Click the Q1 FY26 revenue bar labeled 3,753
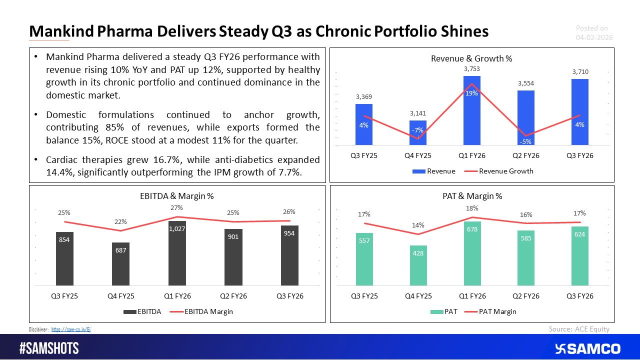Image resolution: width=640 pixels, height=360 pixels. pyautogui.click(x=471, y=110)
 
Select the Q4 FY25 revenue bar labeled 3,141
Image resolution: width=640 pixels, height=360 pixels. pyautogui.click(x=417, y=133)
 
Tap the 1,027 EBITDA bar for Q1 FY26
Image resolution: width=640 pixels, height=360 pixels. pyautogui.click(x=176, y=252)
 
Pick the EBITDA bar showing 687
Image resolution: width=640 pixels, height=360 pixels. pyautogui.click(x=120, y=263)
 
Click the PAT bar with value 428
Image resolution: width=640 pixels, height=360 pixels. pyautogui.click(x=418, y=265)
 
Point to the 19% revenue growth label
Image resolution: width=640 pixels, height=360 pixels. pyautogui.click(x=471, y=93)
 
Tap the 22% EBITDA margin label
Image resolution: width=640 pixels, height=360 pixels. pyautogui.click(x=120, y=221)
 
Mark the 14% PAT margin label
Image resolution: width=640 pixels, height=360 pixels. pyautogui.click(x=418, y=225)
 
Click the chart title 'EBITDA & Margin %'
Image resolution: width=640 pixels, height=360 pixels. pyautogui.click(x=176, y=196)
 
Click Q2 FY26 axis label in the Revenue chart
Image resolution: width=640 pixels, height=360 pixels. pyautogui.click(x=525, y=155)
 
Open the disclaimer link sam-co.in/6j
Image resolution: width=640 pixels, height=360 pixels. pyautogui.click(x=71, y=329)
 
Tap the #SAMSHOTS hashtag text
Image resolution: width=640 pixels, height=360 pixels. pyautogui.click(x=49, y=348)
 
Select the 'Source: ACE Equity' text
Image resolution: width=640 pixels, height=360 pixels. pyautogui.click(x=579, y=328)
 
